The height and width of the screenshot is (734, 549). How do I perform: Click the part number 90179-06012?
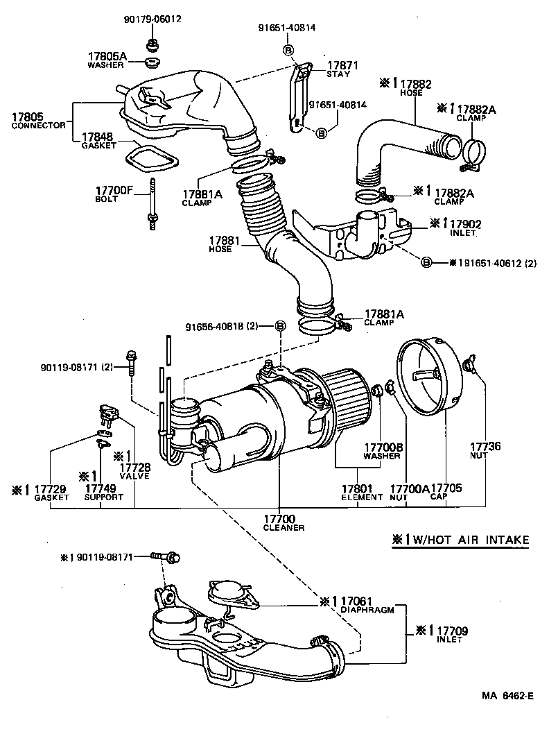pos(152,19)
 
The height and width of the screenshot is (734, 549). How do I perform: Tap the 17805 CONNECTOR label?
pos(38,120)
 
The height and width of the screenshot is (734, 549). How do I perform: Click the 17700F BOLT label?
pos(111,194)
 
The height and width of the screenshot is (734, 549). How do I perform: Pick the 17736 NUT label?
pos(485,452)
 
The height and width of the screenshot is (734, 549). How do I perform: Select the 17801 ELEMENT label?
pos(361,492)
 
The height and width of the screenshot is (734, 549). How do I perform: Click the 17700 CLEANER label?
pos(279,522)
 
